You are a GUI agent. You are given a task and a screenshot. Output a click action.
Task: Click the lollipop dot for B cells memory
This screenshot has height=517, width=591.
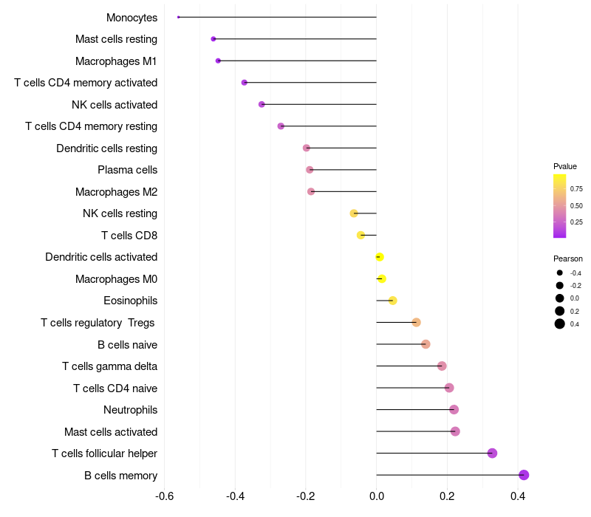tap(524, 475)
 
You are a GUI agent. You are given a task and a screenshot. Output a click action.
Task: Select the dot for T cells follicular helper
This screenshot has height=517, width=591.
tap(492, 453)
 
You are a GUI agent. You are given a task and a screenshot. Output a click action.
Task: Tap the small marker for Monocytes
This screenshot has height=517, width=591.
tap(179, 17)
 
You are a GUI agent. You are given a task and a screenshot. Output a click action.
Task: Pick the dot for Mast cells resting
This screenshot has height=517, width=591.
tap(213, 38)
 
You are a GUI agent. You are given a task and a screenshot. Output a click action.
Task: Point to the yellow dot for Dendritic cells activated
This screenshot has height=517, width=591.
tap(380, 257)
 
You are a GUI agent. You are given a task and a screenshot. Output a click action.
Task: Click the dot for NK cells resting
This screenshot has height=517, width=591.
tap(354, 213)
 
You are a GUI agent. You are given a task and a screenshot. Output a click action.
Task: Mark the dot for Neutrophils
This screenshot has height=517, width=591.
tap(454, 410)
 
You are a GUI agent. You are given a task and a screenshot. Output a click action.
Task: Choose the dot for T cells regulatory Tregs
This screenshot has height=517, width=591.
tap(416, 322)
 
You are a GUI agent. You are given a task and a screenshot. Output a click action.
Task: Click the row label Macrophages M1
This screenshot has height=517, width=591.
tap(116, 61)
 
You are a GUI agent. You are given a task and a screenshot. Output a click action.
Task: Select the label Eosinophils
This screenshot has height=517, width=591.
tap(130, 301)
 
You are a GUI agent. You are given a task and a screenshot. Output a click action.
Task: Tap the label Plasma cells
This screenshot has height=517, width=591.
tap(127, 170)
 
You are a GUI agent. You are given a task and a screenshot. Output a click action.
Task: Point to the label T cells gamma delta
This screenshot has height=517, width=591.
tap(109, 366)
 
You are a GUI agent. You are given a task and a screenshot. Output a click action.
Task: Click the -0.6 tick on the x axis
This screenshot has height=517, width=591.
tap(165, 496)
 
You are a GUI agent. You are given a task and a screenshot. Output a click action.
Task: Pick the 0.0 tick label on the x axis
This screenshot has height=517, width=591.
tap(376, 496)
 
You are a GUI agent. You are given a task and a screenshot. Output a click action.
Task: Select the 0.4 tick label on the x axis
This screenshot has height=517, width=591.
tap(518, 496)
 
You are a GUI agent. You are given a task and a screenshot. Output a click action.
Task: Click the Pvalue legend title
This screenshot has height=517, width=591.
tap(565, 166)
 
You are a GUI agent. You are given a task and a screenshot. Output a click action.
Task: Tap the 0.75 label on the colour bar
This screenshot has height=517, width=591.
tap(576, 189)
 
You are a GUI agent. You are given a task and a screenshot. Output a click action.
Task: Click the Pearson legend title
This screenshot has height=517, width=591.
tap(568, 258)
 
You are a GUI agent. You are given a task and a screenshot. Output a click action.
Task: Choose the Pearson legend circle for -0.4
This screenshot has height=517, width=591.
tap(560, 273)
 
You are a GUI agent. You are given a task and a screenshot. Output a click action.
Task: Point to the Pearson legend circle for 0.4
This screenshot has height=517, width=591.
tap(560, 323)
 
